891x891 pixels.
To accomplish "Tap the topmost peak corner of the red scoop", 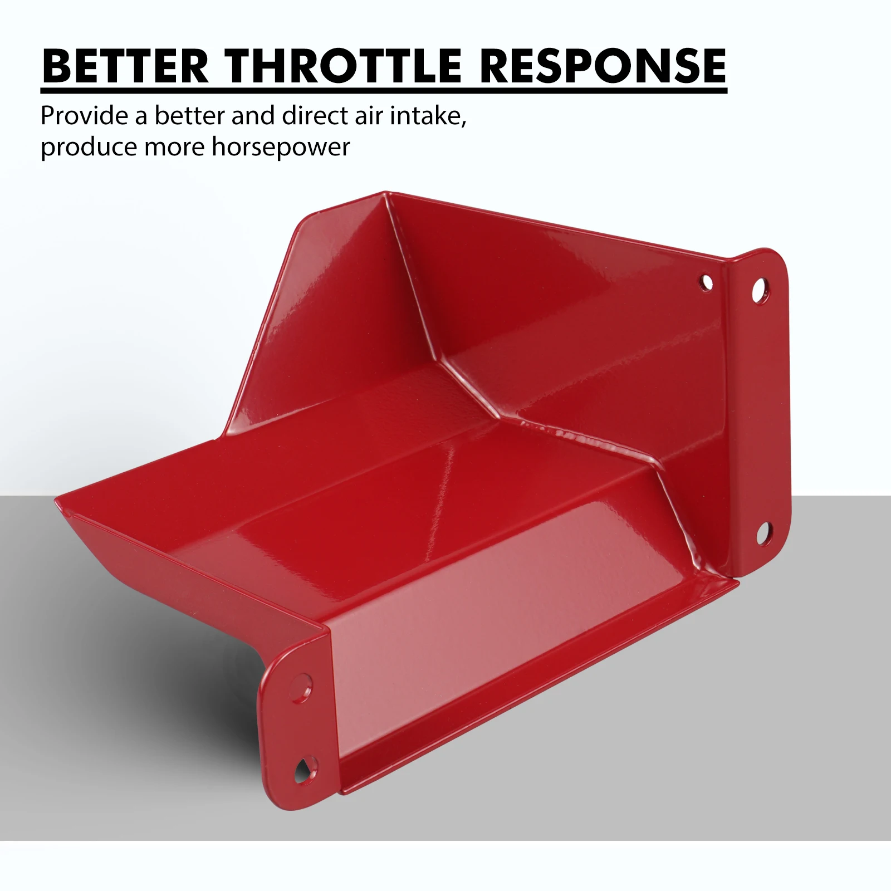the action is (x=384, y=193).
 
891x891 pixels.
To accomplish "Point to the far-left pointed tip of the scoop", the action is (x=56, y=497).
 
